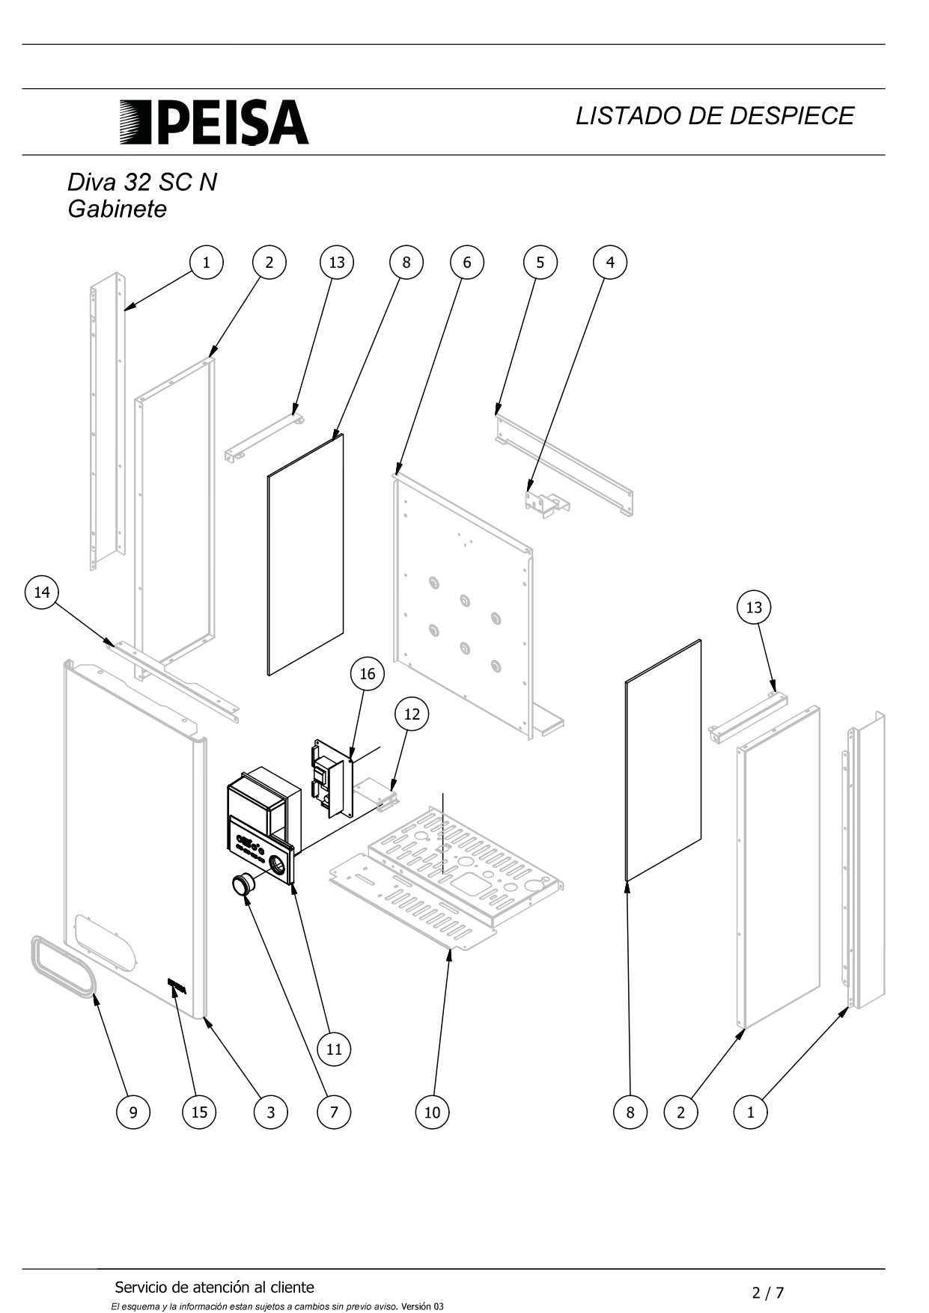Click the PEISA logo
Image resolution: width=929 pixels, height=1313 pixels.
click(x=214, y=122)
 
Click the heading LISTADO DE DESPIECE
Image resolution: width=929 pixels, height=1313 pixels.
click(x=714, y=116)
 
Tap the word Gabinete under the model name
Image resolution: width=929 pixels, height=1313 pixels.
click(x=117, y=209)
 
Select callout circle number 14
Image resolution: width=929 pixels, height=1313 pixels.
click(x=42, y=593)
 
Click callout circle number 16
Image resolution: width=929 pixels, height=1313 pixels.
click(x=367, y=673)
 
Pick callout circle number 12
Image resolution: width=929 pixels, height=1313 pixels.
click(x=412, y=714)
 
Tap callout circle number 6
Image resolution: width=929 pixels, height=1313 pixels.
click(x=467, y=262)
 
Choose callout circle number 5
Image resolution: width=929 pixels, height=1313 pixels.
click(x=540, y=262)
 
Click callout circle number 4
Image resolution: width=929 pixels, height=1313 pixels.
click(x=610, y=262)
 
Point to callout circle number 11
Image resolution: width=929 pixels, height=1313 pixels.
click(x=334, y=1049)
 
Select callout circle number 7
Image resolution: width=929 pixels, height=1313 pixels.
click(x=334, y=1112)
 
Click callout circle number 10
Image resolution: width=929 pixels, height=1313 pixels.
click(x=432, y=1112)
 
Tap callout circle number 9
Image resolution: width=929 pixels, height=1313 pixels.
click(x=133, y=1112)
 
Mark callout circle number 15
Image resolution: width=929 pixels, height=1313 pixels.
click(x=199, y=1112)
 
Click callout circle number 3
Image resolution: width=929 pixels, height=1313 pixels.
click(x=270, y=1112)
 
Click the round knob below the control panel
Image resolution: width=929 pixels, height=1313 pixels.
click(x=243, y=885)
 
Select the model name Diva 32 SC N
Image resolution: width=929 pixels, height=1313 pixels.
click(x=142, y=182)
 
